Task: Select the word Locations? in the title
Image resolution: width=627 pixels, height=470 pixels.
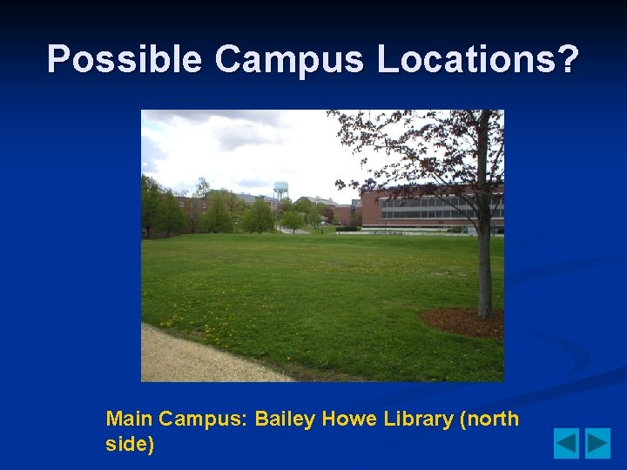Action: [x=478, y=59]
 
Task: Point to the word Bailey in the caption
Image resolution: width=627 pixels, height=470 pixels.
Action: [x=287, y=419]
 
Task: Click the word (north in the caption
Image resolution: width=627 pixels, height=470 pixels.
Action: [x=489, y=419]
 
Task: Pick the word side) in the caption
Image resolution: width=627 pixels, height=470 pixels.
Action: [x=130, y=445]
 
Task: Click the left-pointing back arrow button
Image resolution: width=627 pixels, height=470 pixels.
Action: [x=566, y=444]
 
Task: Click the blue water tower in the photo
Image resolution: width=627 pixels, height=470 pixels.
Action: [x=280, y=191]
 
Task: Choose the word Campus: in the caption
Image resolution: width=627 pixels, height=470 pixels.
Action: [x=206, y=419]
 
